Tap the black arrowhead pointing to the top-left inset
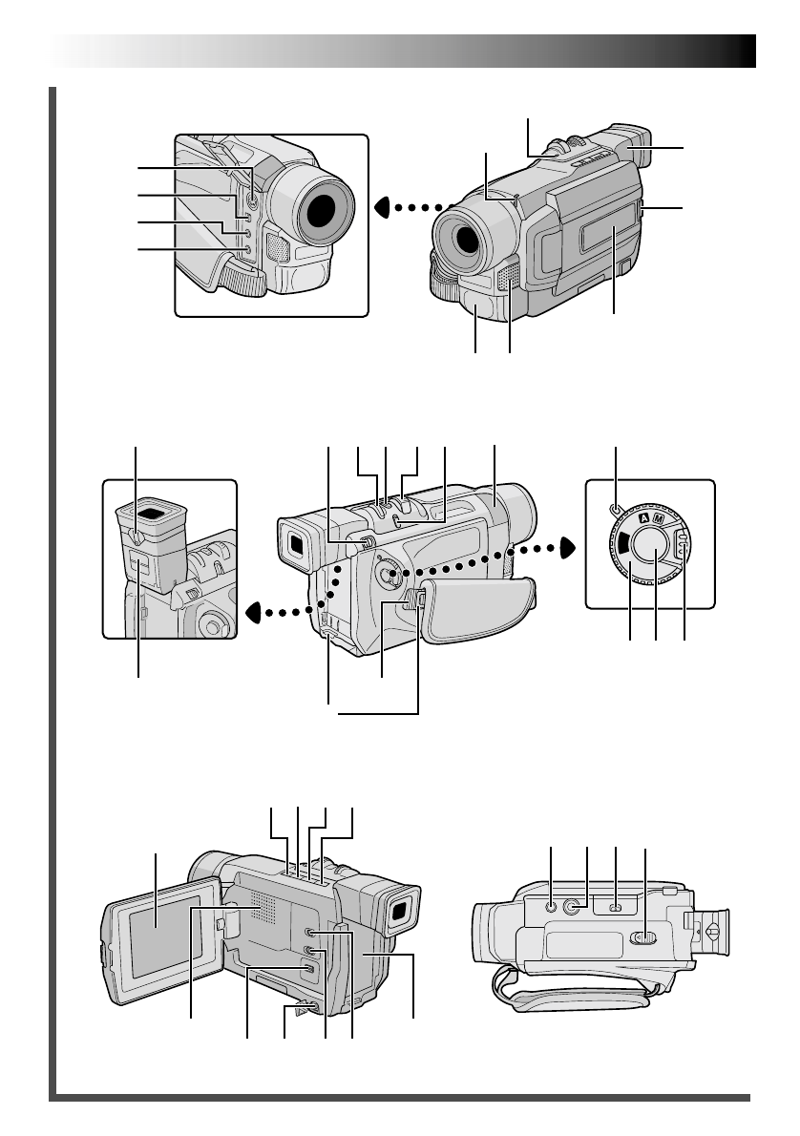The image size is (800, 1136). pos(382,205)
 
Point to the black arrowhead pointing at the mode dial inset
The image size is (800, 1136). pos(568,547)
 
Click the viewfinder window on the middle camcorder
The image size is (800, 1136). pos(296,544)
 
